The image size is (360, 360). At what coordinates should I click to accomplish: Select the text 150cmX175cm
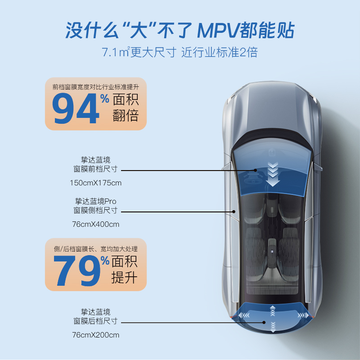click(x=95, y=183)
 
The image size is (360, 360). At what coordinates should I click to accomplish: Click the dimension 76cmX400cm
click(x=95, y=224)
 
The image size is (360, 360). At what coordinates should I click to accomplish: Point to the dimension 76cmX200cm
click(x=95, y=335)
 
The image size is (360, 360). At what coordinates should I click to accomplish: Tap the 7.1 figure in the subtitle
click(x=109, y=53)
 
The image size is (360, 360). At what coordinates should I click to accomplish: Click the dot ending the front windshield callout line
click(x=255, y=171)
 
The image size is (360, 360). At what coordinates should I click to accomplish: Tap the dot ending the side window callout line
click(x=234, y=211)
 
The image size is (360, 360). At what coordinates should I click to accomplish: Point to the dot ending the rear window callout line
click(x=265, y=322)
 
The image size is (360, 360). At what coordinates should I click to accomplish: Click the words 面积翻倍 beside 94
click(x=126, y=108)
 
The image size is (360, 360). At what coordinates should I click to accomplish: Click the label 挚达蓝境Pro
click(x=95, y=201)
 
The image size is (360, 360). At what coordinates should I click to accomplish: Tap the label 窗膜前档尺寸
click(x=95, y=169)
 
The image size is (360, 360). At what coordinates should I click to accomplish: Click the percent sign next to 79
click(x=105, y=261)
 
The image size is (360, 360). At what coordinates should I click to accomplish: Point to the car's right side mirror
click(x=318, y=167)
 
